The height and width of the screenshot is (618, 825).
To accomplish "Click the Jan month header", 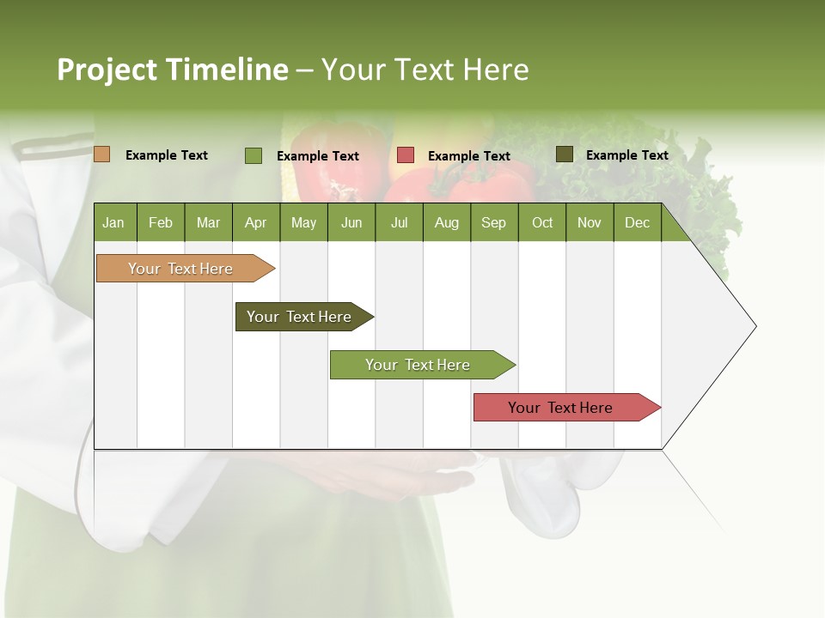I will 113,223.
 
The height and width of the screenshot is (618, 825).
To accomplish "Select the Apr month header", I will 255,223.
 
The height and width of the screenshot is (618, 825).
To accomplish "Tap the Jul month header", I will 399,223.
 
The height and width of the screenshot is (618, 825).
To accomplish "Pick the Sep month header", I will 493,223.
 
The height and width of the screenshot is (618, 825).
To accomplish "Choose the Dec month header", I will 637,223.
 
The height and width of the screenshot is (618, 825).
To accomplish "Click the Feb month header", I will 161,223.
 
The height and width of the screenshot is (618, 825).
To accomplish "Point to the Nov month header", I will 589,223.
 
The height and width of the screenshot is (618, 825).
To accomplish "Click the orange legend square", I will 101,154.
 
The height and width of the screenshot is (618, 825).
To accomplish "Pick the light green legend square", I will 253,155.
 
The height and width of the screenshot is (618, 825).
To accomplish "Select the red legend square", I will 406,155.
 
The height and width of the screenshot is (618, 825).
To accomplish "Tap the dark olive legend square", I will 564,154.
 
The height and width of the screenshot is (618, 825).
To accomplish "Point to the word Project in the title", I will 107,70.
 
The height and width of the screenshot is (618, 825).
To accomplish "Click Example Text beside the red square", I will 468,156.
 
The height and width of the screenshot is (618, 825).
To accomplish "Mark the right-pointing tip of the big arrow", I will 755,326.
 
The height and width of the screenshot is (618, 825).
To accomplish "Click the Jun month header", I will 351,223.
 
